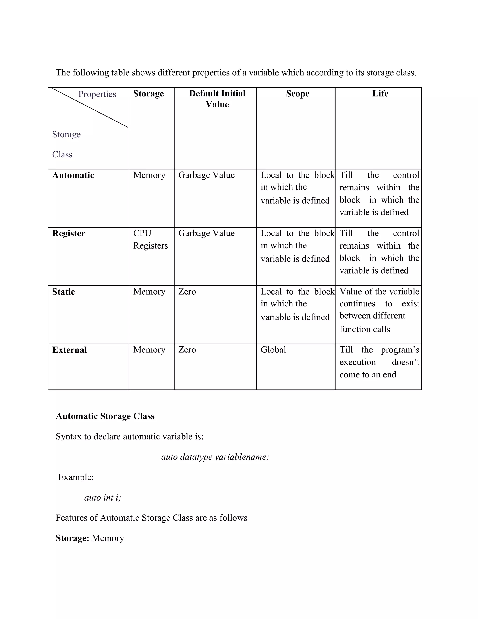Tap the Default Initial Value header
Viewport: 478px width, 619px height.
pos(217,99)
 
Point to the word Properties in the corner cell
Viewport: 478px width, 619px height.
pos(97,94)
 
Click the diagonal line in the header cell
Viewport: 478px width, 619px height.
pos(90,108)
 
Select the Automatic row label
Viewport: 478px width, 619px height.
pos(73,175)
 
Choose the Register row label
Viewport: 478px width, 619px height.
pos(69,233)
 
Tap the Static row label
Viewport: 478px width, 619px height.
pos(63,292)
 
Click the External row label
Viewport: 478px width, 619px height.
pos(69,350)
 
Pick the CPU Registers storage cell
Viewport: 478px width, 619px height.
pos(150,239)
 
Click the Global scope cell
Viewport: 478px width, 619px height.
pos(273,350)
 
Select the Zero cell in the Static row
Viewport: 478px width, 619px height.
pos(187,292)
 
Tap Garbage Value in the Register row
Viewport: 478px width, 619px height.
pos(206,233)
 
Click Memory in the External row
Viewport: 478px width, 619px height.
pos(149,350)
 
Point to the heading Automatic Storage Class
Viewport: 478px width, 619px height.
pos(105,416)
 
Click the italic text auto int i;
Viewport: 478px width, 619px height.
pos(102,497)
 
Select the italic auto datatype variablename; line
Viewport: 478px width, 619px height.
pos(215,457)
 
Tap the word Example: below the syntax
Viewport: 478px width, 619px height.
pos(76,477)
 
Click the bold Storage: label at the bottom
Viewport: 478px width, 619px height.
pos(73,538)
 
